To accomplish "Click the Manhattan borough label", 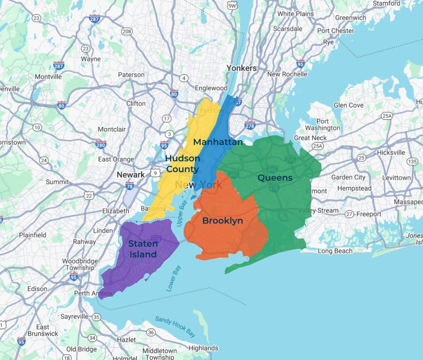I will point(218,142).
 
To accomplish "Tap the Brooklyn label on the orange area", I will point(222,221).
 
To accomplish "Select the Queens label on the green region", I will point(275,178).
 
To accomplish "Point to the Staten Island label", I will point(143,249).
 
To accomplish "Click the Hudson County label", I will point(182,164).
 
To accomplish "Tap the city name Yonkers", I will point(241,68).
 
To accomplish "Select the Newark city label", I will point(131,175).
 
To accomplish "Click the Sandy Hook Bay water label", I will point(175,327).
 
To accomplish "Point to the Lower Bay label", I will point(173,278).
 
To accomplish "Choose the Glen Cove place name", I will point(348,105).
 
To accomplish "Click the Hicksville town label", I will point(391,152).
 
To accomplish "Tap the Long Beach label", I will point(335,251).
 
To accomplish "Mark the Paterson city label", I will point(131,75).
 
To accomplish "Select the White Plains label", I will point(295,14).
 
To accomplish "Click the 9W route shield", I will point(232,6).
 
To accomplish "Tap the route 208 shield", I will point(127,31).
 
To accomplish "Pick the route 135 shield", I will point(412,162).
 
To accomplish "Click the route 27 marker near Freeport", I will point(350,214).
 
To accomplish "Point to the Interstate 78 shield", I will point(129,186).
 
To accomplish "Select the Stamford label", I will point(386,3).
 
